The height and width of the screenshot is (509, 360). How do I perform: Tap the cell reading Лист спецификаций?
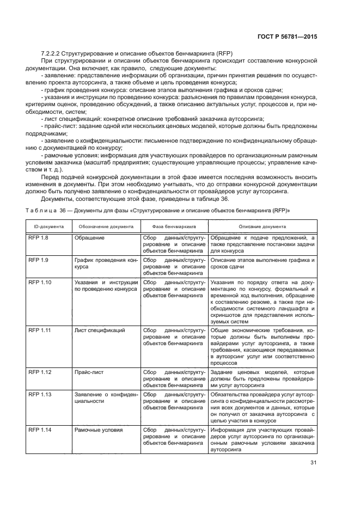[100, 330]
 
